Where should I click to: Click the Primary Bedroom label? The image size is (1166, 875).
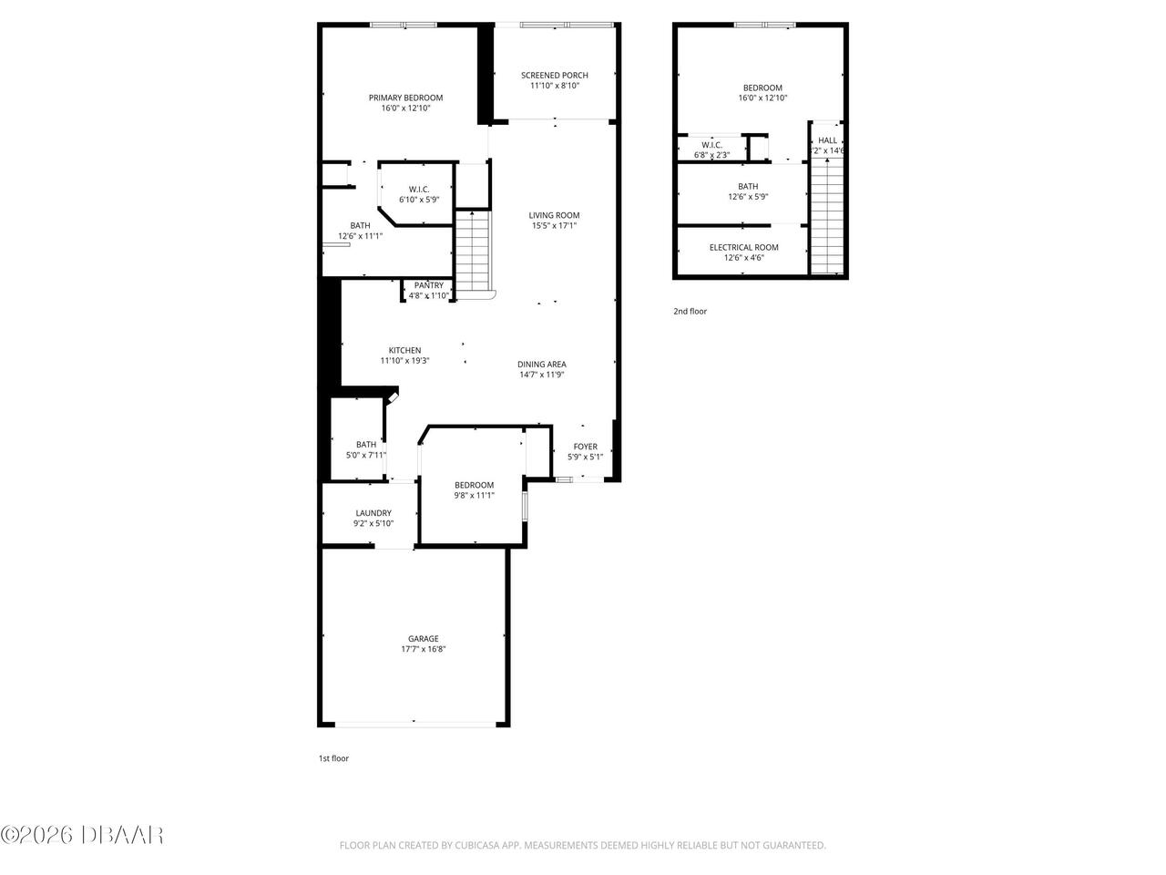(x=405, y=98)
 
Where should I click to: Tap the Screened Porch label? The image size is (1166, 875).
(x=554, y=75)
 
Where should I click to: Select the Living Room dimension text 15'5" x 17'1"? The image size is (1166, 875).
(x=554, y=226)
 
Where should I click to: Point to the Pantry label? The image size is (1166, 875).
(x=428, y=285)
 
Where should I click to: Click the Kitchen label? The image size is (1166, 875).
(x=404, y=350)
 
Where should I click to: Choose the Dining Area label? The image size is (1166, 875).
(x=542, y=364)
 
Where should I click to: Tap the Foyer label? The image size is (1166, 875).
(x=585, y=447)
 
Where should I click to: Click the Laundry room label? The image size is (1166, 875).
(x=373, y=513)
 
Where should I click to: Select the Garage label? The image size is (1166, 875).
(x=423, y=639)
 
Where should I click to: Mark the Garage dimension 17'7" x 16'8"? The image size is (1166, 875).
(x=423, y=650)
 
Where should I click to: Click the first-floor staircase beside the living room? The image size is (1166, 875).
(x=473, y=251)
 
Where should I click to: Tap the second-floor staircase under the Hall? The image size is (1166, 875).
(x=827, y=214)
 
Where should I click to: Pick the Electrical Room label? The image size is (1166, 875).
(x=743, y=247)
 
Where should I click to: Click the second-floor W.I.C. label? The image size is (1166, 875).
(x=711, y=144)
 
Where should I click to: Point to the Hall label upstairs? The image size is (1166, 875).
(x=827, y=140)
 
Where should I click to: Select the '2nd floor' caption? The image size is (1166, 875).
(x=690, y=312)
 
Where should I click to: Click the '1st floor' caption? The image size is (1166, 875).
(x=333, y=758)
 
